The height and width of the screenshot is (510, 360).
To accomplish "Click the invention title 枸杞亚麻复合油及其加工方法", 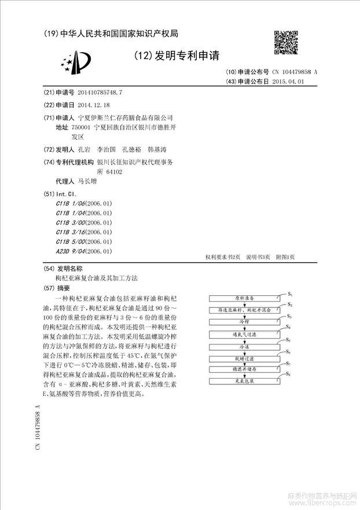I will pyautogui.click(x=93, y=278).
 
